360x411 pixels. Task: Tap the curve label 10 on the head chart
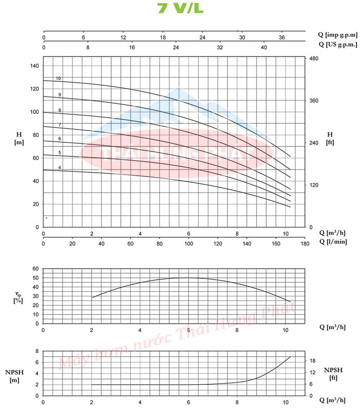59,79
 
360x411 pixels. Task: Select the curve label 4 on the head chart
60,167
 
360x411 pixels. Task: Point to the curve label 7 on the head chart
60,125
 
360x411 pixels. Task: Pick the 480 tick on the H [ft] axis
314,59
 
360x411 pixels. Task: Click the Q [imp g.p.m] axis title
337,34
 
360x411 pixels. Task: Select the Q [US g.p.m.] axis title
337,45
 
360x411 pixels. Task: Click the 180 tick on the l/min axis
304,245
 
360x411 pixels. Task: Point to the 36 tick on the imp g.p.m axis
281,38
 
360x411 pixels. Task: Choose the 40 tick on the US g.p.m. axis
264,47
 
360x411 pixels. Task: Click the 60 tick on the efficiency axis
35,269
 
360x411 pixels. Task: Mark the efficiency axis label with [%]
18,300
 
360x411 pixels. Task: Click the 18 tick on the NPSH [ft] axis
312,361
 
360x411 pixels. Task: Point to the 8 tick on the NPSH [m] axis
37,351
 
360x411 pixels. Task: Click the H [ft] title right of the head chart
330,138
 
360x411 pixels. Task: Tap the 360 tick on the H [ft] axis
314,101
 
